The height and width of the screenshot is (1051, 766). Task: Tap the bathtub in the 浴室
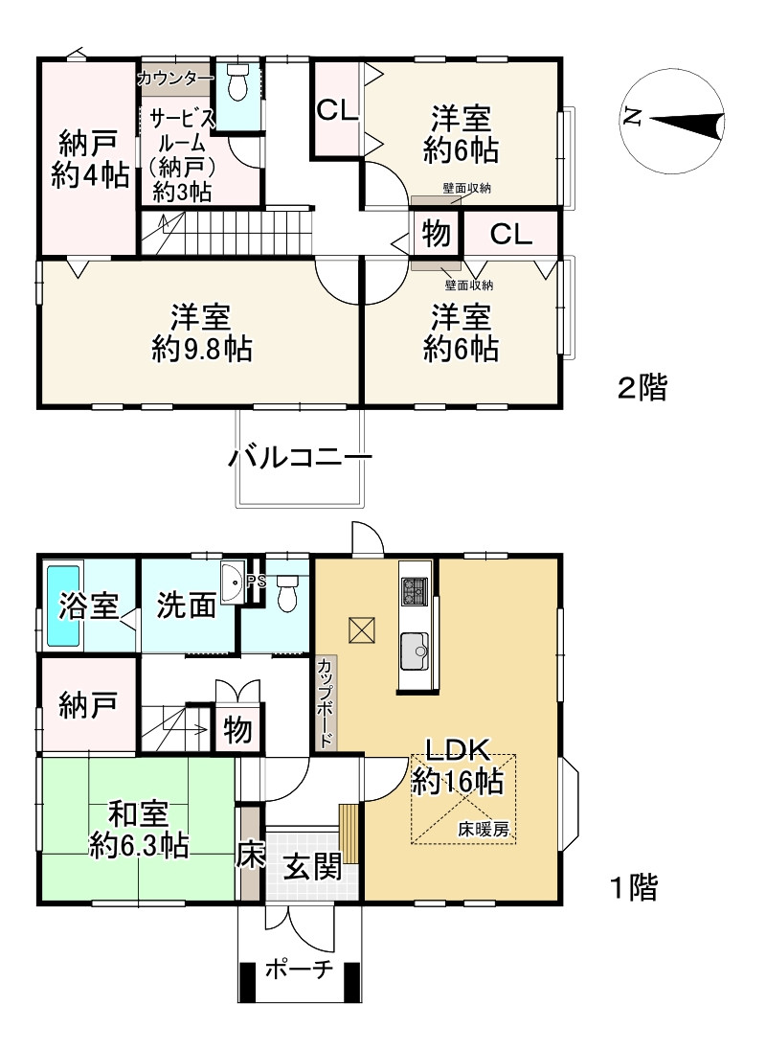pos(62,606)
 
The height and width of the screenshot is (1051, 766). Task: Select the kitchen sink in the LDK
pos(415,651)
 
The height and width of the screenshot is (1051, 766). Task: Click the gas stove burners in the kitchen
pos(414,591)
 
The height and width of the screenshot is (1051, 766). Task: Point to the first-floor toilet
pos(287,592)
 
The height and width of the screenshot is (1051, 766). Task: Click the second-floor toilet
pos(237,80)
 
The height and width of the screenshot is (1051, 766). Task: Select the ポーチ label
pos(299,970)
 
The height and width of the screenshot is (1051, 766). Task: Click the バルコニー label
pos(300,458)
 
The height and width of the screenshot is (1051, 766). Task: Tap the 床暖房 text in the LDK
pos(484,829)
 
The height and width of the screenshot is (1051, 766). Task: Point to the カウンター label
pos(175,80)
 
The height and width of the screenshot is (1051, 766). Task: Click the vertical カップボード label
pos(326,703)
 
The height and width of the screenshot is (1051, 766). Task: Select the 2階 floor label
pos(642,387)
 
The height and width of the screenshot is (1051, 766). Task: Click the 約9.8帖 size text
pos(202,349)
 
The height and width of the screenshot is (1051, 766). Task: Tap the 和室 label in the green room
pos(139,814)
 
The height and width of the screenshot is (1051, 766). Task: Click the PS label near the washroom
pos(256,582)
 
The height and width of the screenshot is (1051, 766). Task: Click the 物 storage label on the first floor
pos(237,728)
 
